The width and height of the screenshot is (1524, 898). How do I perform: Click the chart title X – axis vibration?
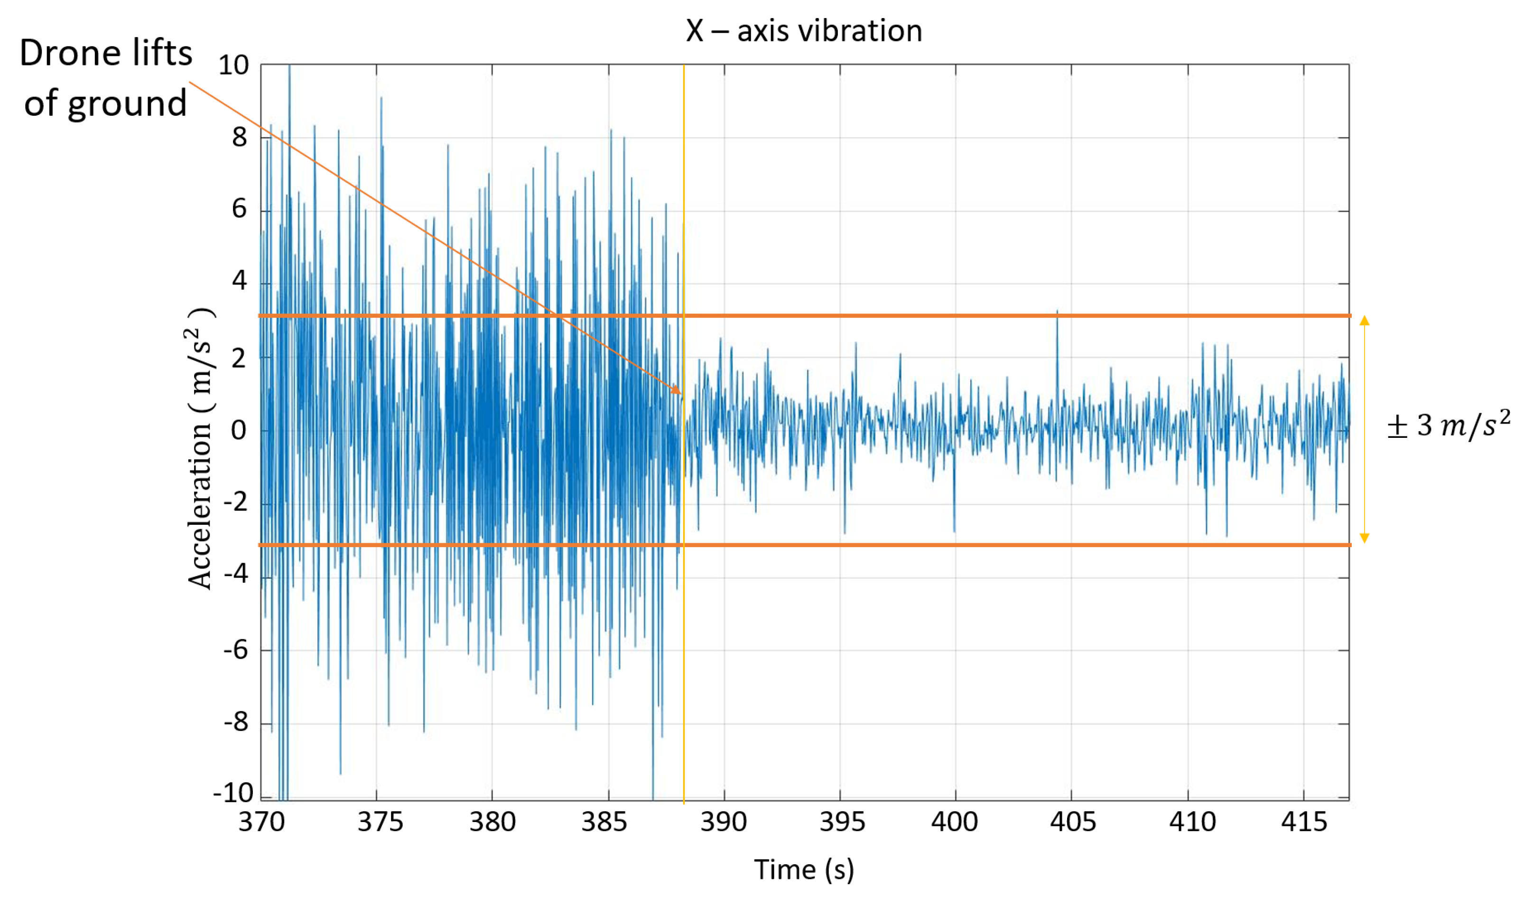tap(804, 30)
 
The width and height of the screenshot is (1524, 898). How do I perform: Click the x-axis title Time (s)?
tap(804, 870)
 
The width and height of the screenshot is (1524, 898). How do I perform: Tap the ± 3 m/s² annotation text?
tap(1449, 425)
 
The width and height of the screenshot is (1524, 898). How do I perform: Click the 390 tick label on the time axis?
tap(723, 822)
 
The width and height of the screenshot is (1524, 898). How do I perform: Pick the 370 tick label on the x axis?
tap(261, 822)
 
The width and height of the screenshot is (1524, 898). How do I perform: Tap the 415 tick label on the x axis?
tap(1304, 822)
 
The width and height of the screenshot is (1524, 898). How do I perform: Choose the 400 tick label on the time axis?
tap(954, 822)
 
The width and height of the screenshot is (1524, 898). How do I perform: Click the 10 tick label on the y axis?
tap(233, 66)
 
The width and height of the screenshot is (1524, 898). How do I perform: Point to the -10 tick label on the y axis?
tap(233, 792)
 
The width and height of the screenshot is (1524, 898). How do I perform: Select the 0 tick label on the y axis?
tap(239, 430)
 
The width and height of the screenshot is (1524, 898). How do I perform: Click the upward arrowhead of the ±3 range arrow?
tap(1365, 320)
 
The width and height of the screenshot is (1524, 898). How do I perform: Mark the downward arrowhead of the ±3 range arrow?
tap(1365, 538)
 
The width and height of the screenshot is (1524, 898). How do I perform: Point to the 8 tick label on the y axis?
tap(240, 138)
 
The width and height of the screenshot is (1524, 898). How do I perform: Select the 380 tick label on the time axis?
tap(493, 822)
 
